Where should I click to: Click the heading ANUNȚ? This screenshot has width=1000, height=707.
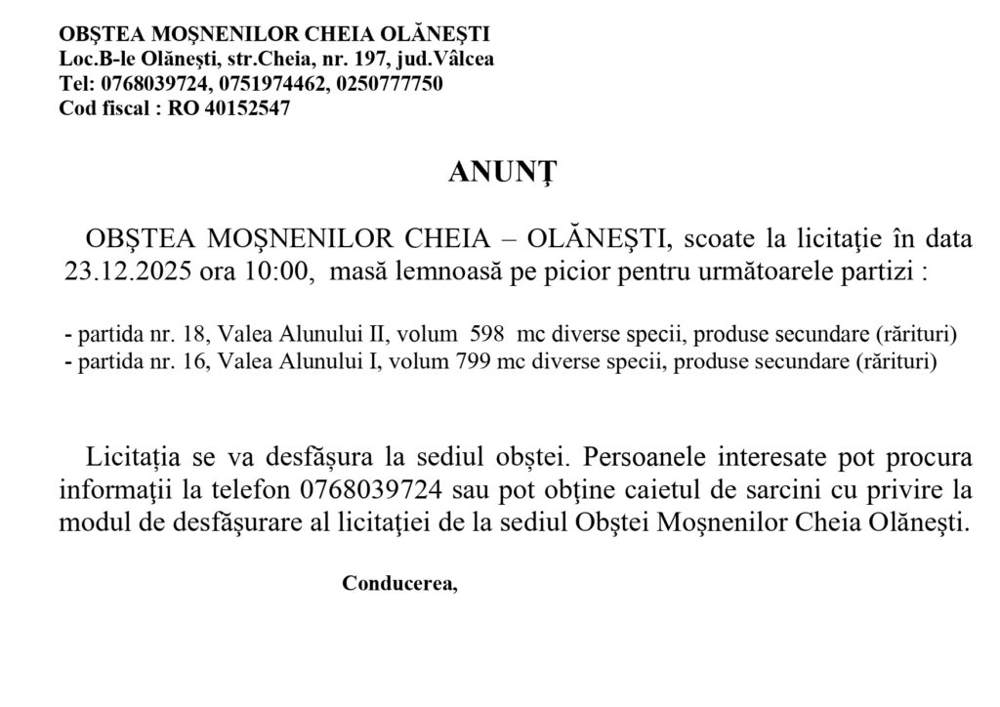click(x=502, y=172)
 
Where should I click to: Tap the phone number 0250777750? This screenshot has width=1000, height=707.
click(x=389, y=84)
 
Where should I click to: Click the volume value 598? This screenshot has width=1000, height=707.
click(x=486, y=335)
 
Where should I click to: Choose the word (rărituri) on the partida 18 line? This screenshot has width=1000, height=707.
click(x=906, y=335)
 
